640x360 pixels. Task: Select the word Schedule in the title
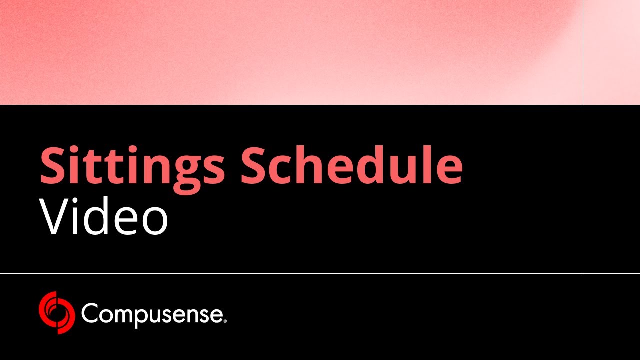[x=351, y=166]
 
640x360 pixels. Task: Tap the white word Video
[x=104, y=217]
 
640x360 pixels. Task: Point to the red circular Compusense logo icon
[x=57, y=313]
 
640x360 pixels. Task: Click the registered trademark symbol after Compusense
[x=225, y=321]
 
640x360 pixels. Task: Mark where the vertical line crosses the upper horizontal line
[x=583, y=105]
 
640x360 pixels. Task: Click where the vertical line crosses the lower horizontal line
[x=583, y=273]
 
